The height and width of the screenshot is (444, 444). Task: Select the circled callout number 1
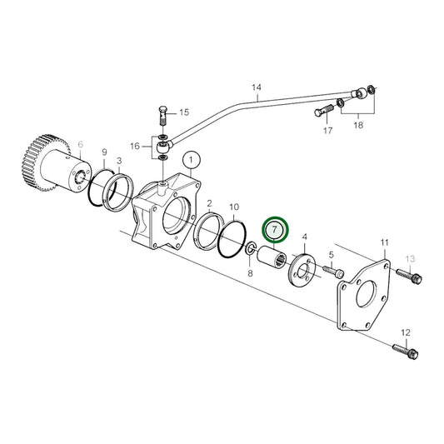191,158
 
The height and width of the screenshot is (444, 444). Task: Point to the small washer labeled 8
251,249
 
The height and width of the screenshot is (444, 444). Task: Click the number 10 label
235,206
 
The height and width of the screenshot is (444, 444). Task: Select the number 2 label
210,202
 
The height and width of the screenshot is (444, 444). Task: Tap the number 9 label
105,152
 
